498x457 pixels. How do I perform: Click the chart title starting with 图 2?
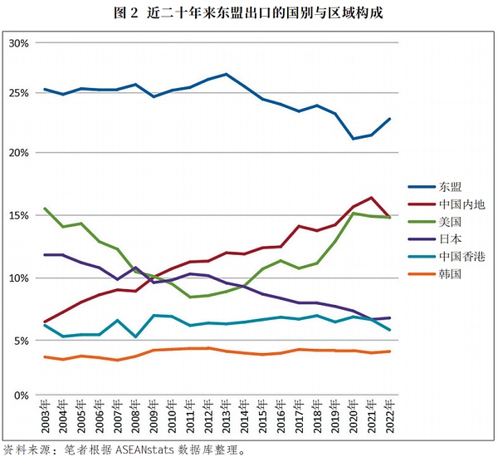tap(248, 13)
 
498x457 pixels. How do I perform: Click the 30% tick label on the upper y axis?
tap(18, 42)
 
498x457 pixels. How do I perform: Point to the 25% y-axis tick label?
tap(18, 91)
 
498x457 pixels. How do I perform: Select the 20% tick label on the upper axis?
tap(18, 153)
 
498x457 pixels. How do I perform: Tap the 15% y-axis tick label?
tap(18, 215)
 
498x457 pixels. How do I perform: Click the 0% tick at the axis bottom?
tap(22, 396)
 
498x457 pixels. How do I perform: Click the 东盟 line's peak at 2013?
tap(227, 74)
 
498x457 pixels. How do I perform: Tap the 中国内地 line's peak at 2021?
tap(372, 198)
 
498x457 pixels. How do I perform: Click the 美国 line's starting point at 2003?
tap(45, 209)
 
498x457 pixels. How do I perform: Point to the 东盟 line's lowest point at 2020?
tap(354, 139)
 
